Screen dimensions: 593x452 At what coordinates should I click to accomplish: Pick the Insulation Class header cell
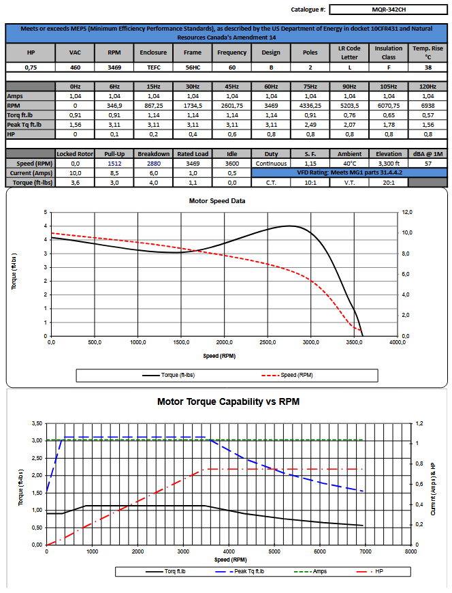pos(388,52)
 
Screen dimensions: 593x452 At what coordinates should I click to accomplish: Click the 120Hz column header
pos(427,87)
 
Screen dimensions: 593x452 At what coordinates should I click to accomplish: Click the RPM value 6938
pos(427,106)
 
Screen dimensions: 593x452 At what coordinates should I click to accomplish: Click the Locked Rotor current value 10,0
pos(75,173)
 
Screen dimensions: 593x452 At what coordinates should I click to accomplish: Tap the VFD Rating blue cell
pos(349,173)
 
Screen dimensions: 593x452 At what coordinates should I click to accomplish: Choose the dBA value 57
pos(427,164)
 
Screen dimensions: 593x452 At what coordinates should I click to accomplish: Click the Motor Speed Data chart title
pos(216,201)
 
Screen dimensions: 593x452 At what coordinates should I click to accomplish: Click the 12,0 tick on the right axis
pos(408,212)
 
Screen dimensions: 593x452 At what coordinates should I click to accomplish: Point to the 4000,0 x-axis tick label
pos(397,342)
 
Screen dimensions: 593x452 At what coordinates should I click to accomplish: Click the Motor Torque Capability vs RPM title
pos(228,402)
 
